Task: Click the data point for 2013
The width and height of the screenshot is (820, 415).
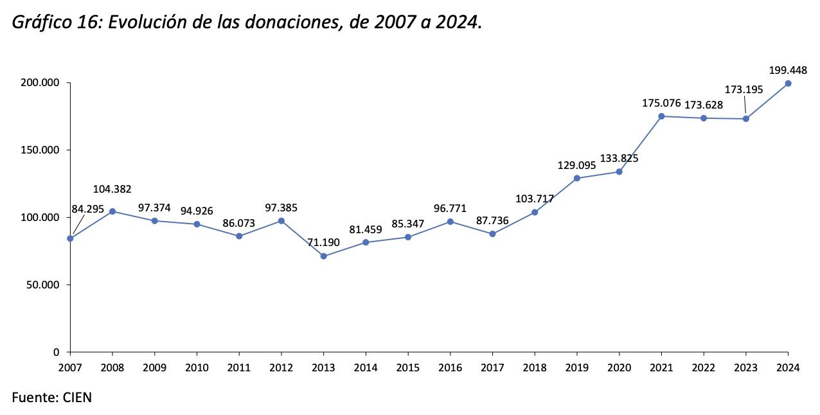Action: tap(323, 256)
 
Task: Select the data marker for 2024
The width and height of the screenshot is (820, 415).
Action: tap(788, 84)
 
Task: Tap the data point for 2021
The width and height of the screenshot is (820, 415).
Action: tap(661, 116)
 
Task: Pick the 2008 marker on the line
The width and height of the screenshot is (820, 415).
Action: tap(112, 211)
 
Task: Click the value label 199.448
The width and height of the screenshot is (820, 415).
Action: tap(788, 70)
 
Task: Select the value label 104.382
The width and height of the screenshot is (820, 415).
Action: tap(113, 189)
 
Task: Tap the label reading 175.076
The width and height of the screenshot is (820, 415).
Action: tap(662, 103)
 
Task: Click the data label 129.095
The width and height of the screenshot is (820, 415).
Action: tap(577, 165)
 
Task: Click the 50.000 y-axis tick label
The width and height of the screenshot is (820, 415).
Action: tap(45, 285)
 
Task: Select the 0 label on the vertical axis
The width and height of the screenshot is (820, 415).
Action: tap(57, 352)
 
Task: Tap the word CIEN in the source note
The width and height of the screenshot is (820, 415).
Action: tap(77, 398)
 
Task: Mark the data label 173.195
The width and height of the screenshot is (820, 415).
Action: tap(744, 89)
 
